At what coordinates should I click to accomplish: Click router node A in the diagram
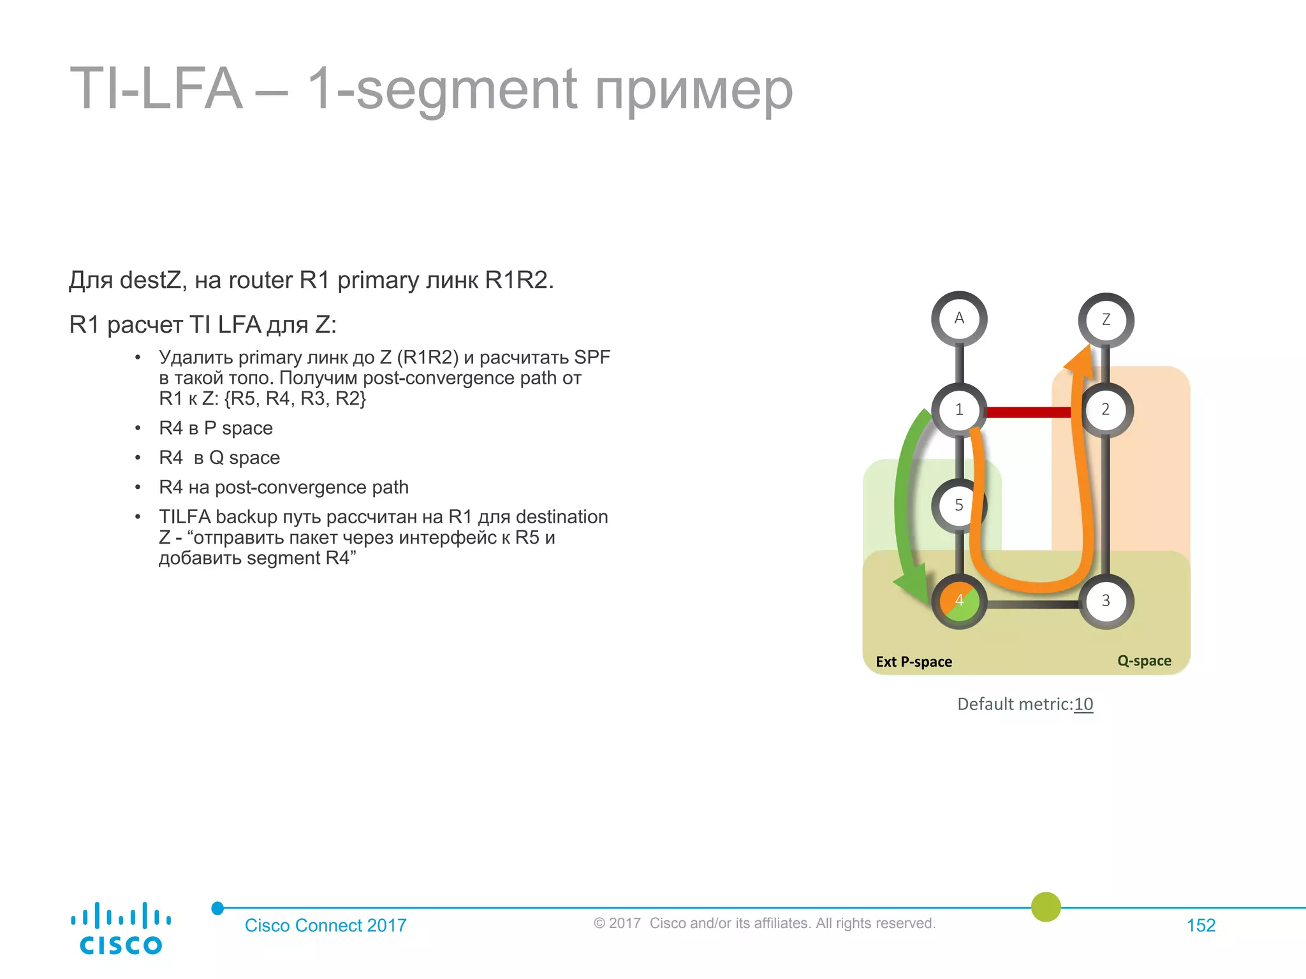pos(959,319)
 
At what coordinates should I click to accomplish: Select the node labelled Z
pos(1106,320)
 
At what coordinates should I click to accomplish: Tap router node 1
pos(959,410)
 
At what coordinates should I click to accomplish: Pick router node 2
pos(1106,410)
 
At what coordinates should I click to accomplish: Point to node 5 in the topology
pos(958,505)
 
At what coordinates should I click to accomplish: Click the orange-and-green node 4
pos(959,601)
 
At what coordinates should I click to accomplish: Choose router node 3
pos(1106,601)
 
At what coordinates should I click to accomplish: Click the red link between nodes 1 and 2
pos(1028,412)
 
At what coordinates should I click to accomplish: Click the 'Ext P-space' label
pos(914,662)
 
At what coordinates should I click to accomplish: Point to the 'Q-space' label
pos(1144,661)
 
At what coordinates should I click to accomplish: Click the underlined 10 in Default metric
pos(1083,704)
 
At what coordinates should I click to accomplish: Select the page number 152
pos(1201,925)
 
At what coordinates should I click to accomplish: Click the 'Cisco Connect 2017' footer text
pos(325,925)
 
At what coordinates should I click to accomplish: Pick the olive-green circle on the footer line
pos(1046,907)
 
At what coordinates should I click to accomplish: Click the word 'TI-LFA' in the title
pos(156,89)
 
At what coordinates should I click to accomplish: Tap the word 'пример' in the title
pos(694,91)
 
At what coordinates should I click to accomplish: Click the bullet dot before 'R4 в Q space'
pos(138,458)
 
